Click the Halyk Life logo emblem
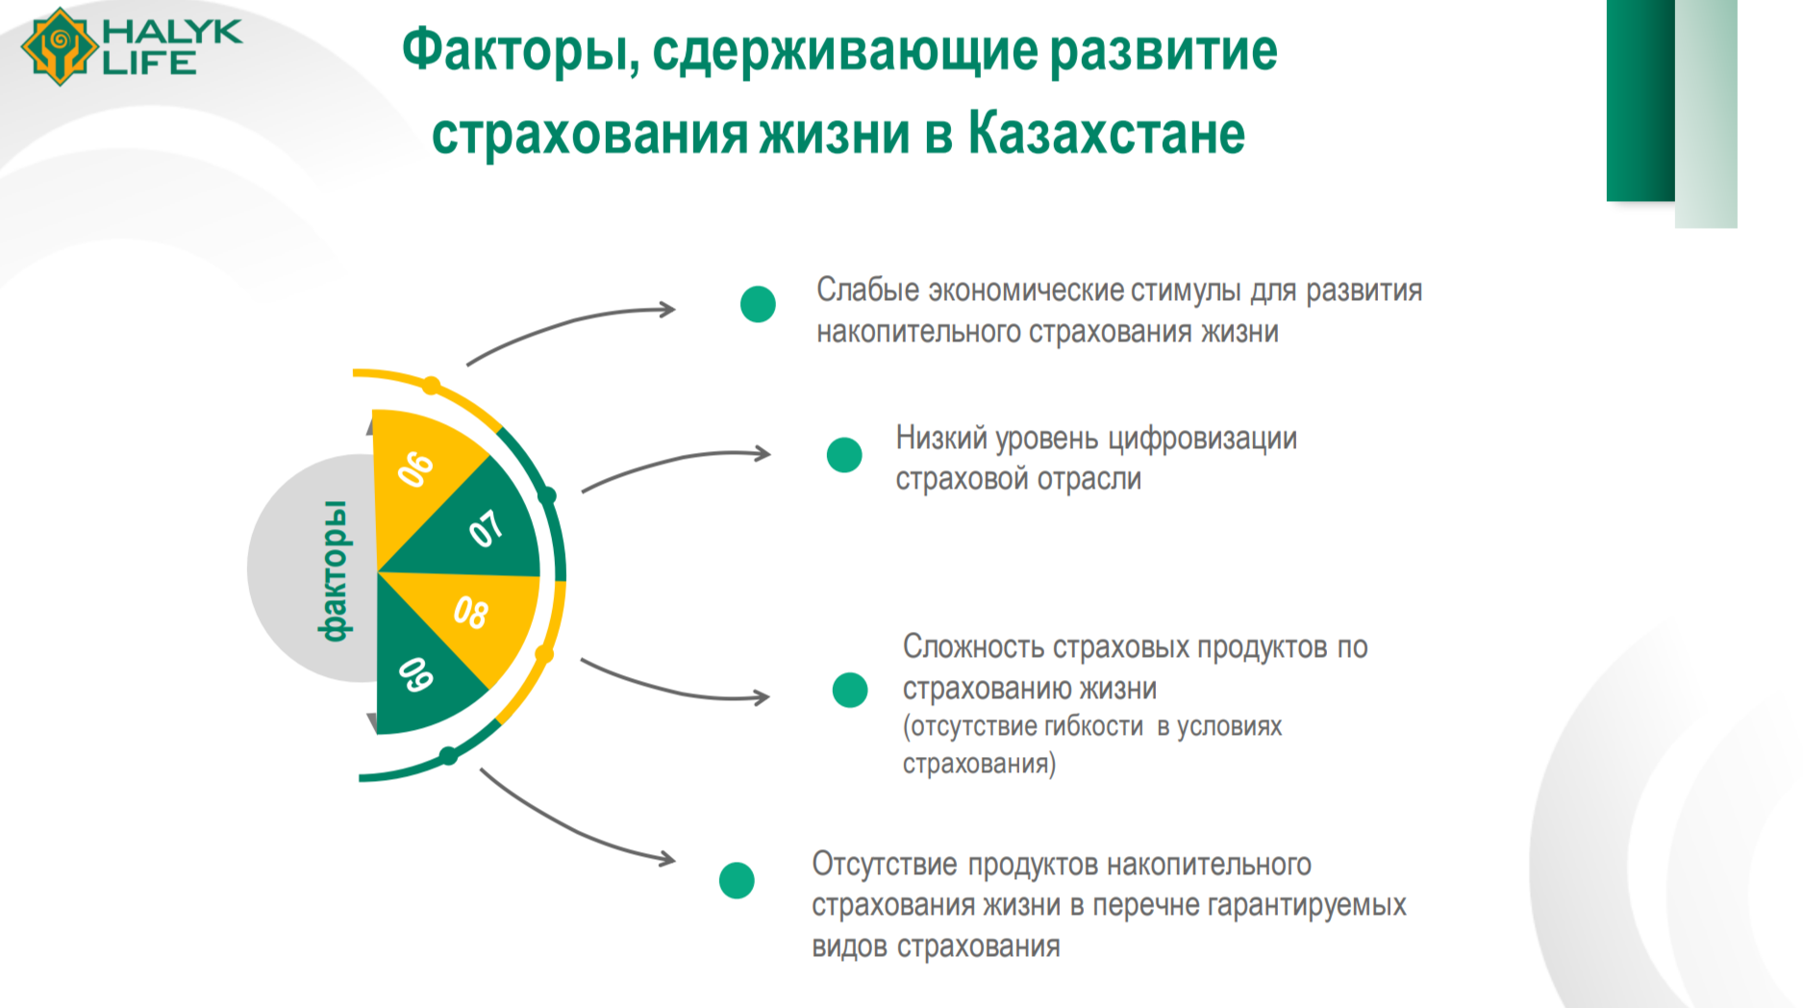point(60,46)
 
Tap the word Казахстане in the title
point(1106,133)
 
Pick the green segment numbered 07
point(476,524)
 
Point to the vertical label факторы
point(334,570)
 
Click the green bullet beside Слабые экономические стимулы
point(758,304)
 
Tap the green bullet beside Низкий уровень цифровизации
point(844,455)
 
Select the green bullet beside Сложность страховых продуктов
point(850,690)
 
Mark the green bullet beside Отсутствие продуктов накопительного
point(737,880)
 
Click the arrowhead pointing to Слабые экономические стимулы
point(666,310)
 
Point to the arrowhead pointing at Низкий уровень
point(762,453)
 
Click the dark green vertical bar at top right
point(1640,100)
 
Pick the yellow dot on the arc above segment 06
point(432,386)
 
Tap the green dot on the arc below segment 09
point(448,756)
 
